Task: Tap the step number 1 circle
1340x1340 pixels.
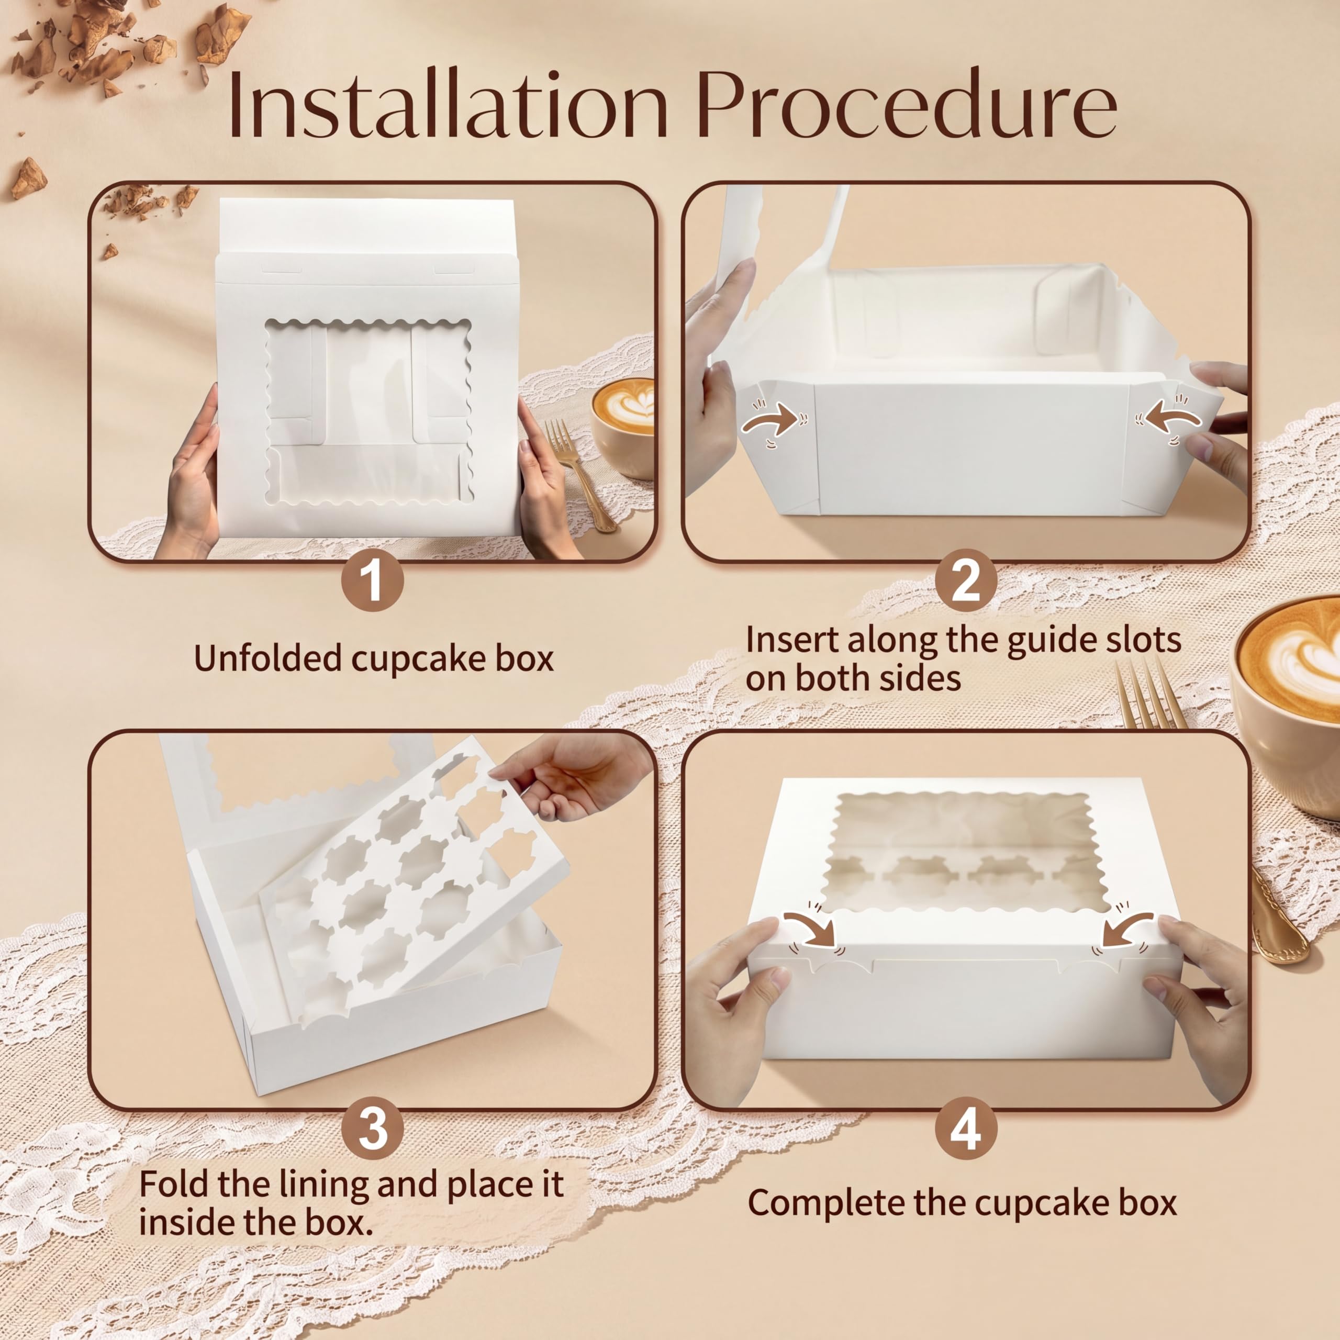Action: tap(373, 580)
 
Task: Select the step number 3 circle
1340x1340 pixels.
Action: tap(373, 1129)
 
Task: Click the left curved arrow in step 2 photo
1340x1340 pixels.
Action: tap(775, 420)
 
